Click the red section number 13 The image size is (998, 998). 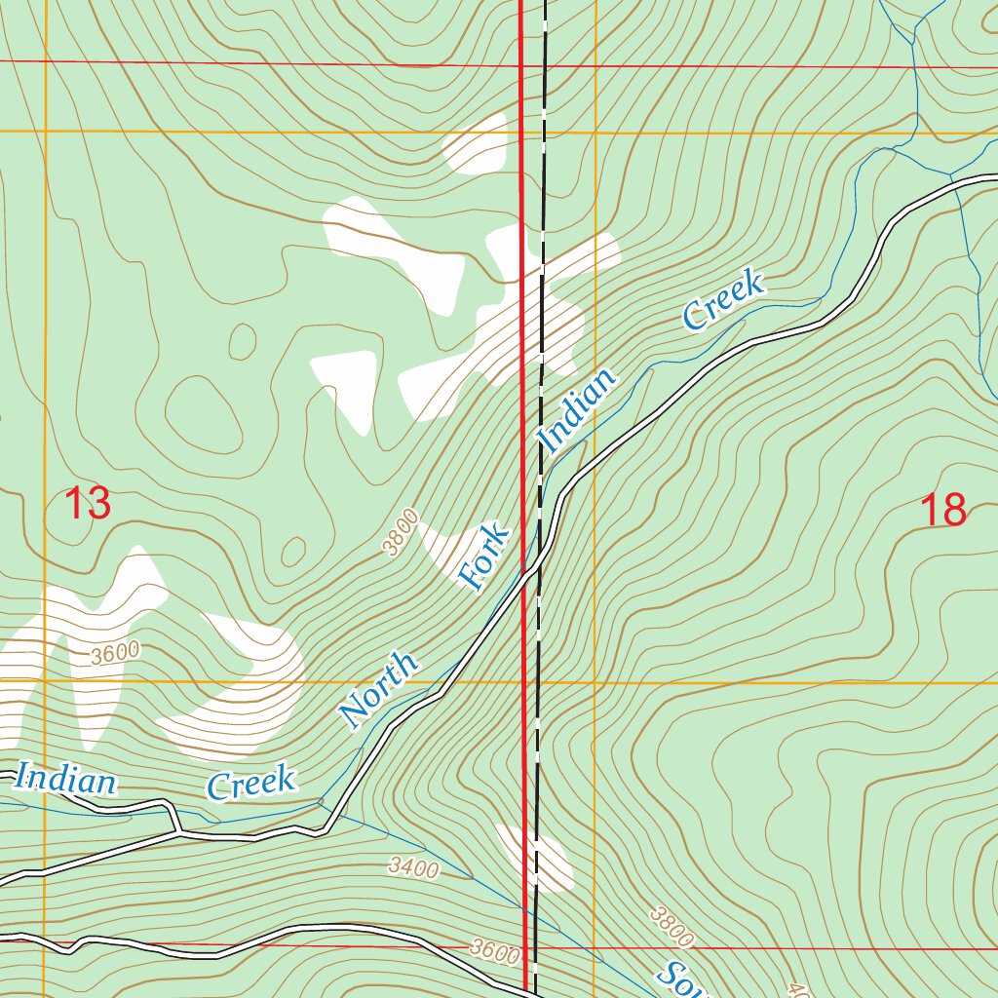click(x=87, y=505)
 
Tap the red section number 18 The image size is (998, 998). click(x=942, y=510)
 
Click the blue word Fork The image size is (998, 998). click(x=484, y=558)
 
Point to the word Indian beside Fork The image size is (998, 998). click(x=579, y=410)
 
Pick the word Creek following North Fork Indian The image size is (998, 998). click(x=723, y=300)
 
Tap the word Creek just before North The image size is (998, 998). click(x=251, y=783)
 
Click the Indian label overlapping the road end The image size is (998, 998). click(x=65, y=780)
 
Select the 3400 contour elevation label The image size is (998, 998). click(x=413, y=866)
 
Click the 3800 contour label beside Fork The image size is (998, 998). click(x=401, y=532)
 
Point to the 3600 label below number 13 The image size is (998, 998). click(x=115, y=653)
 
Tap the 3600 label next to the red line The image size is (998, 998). click(x=494, y=950)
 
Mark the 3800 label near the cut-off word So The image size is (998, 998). click(x=672, y=927)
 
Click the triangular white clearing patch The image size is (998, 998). click(x=347, y=386)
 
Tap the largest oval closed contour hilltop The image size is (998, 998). click(x=203, y=415)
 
